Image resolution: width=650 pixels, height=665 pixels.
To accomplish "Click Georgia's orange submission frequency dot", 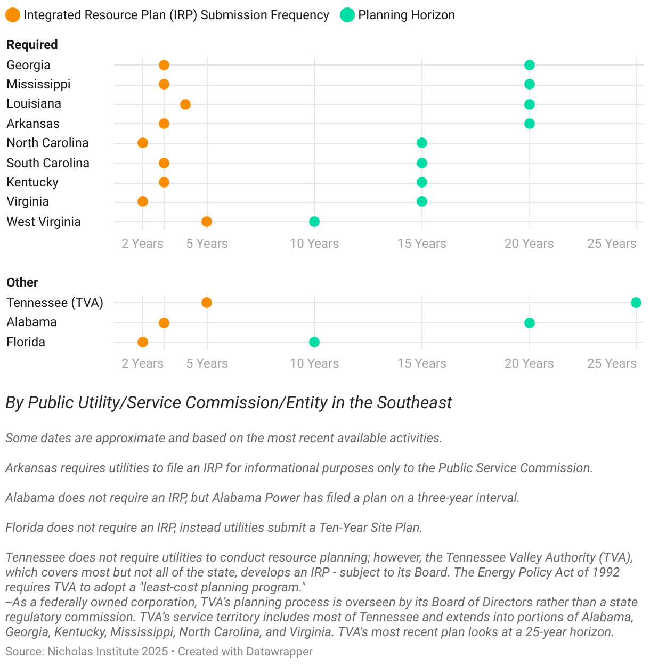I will [x=164, y=65].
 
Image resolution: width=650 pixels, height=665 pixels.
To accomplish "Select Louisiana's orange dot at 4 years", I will [x=185, y=104].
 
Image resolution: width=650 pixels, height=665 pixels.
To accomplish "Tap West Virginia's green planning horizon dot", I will [x=314, y=222].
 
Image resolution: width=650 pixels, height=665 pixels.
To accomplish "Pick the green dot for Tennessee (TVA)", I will [x=636, y=303].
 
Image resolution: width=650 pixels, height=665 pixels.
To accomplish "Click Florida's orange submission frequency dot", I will [x=142, y=342].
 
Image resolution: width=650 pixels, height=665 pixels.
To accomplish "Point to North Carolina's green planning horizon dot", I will [x=422, y=143].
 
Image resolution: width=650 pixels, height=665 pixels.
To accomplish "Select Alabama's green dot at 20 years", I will [x=529, y=323].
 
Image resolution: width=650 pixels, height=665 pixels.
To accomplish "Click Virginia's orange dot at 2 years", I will [x=142, y=201].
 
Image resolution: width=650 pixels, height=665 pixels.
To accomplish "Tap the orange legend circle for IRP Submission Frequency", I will [x=13, y=15].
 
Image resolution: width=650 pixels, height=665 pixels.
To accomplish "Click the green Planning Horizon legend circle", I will [x=347, y=15].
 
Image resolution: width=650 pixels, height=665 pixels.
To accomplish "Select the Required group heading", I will [x=32, y=45].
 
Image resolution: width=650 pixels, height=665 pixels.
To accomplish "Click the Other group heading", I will [x=22, y=282].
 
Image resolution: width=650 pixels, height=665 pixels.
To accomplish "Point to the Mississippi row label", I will [x=38, y=84].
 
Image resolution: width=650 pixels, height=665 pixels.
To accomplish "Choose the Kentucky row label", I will [x=32, y=182].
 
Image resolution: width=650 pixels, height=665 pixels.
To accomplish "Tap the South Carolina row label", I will [x=48, y=163].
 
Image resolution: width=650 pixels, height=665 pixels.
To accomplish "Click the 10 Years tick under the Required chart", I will [x=314, y=244].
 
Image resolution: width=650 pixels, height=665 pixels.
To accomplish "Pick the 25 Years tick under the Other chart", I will [x=612, y=363].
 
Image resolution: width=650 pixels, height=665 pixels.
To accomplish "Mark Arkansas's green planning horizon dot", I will [x=529, y=124].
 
